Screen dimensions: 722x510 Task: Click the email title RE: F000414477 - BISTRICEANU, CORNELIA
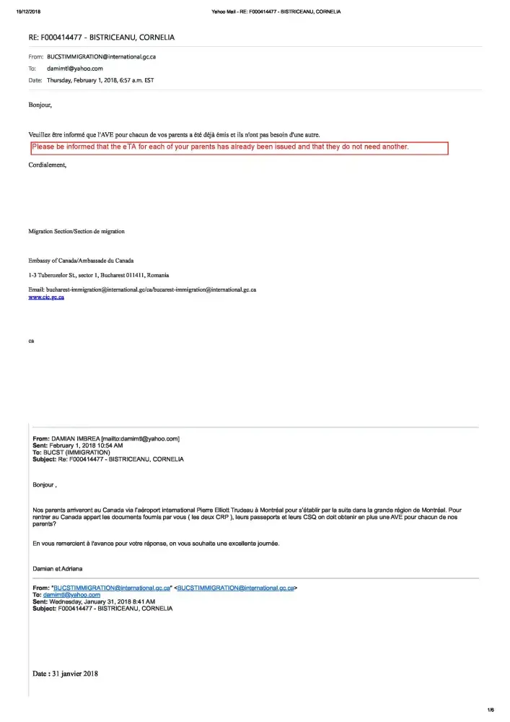point(101,37)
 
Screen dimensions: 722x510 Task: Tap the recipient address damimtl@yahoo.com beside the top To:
point(75,68)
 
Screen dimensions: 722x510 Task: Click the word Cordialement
point(47,165)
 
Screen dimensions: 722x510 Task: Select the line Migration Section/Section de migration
point(76,231)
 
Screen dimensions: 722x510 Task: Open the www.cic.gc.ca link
point(46,297)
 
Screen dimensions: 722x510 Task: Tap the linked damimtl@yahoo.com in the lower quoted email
point(71,595)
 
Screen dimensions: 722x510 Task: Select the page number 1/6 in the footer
point(491,710)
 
